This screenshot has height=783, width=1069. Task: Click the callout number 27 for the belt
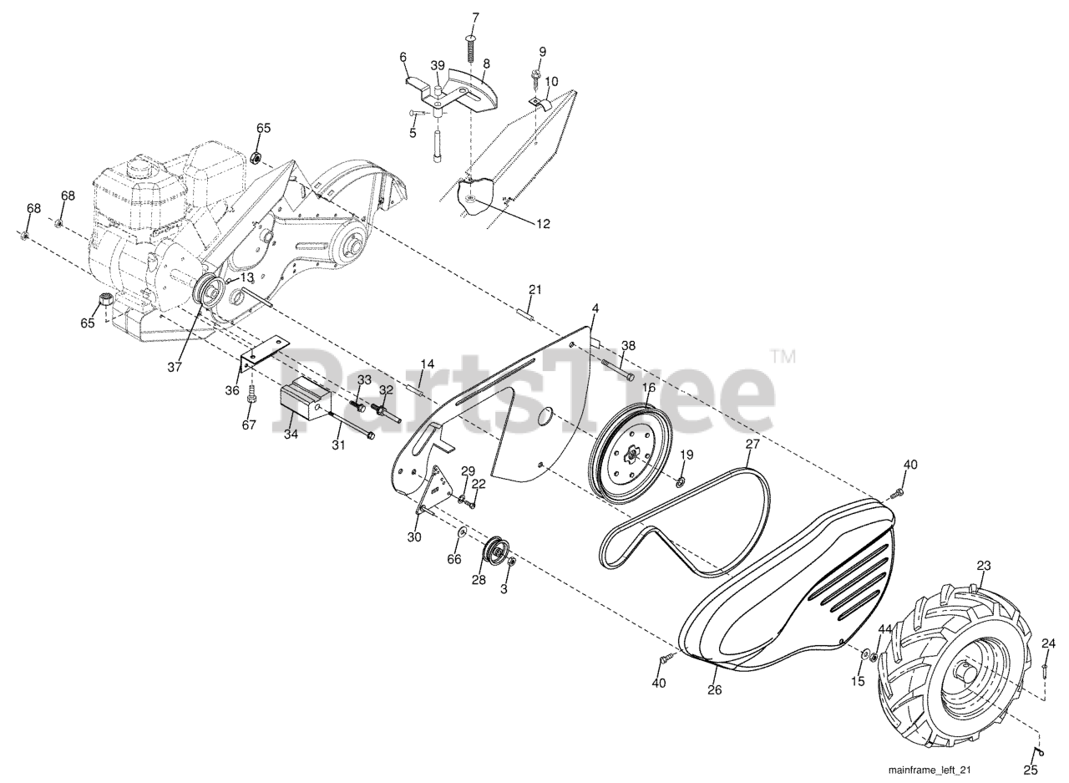pyautogui.click(x=752, y=444)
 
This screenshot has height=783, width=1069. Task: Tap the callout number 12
pyautogui.click(x=543, y=223)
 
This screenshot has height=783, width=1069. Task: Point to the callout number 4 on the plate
pyautogui.click(x=595, y=309)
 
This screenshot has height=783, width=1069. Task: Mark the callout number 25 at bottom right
pyautogui.click(x=1031, y=770)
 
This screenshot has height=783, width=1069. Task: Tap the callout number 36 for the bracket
pyautogui.click(x=232, y=390)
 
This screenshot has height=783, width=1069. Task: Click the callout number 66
pyautogui.click(x=453, y=558)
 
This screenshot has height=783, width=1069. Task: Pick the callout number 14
pyautogui.click(x=427, y=364)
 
